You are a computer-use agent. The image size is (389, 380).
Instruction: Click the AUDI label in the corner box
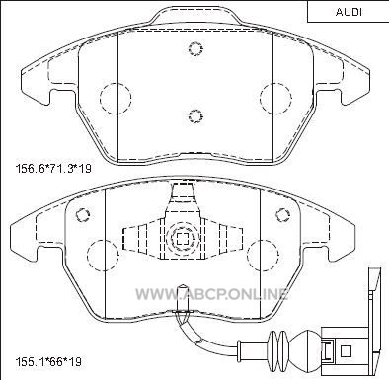tap(349, 12)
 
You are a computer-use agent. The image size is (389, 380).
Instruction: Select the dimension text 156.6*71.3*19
tap(53, 169)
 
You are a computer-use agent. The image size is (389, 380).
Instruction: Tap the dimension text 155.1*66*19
tap(48, 362)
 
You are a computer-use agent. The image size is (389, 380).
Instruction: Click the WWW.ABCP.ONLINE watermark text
tap(212, 294)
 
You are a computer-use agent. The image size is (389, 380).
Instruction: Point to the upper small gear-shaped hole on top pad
tap(195, 48)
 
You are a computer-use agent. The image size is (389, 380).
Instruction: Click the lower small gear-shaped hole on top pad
tap(195, 115)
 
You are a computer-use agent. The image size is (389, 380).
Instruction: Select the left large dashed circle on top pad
tap(116, 98)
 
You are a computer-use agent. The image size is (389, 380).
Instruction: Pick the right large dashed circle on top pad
tap(275, 98)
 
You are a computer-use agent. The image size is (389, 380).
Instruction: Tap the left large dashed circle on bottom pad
tap(103, 255)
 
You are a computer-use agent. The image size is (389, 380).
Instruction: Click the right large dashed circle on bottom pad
tap(263, 256)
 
